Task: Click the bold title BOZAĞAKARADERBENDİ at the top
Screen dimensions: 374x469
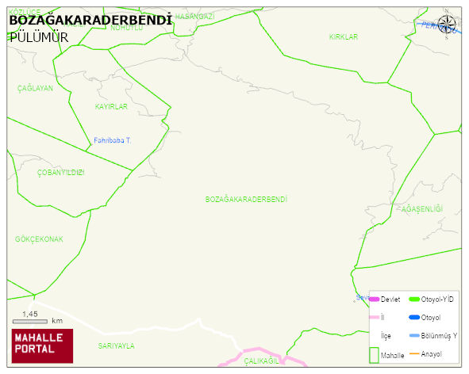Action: [x=90, y=19]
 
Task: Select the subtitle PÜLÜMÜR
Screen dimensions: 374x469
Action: [x=38, y=36]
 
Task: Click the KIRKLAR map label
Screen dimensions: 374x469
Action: [x=344, y=37]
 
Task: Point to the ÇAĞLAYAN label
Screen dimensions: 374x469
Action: [x=35, y=89]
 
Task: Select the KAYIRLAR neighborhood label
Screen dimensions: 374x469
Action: [x=111, y=106]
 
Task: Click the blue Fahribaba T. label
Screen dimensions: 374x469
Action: [x=112, y=140]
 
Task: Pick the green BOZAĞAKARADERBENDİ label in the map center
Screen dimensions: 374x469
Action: [x=245, y=199]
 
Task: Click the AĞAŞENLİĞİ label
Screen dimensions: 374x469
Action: [x=421, y=208]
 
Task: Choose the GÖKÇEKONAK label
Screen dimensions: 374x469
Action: [x=39, y=239]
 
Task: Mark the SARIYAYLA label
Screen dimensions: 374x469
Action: [x=116, y=345]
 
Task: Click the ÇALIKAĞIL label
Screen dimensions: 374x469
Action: [x=263, y=361]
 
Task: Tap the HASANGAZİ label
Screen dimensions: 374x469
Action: [x=194, y=17]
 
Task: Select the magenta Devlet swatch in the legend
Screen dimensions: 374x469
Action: [x=375, y=299]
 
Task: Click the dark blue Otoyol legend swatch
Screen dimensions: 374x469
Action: [x=413, y=317]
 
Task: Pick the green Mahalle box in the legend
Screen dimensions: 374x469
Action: [x=375, y=353]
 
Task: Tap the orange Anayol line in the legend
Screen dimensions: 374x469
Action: [x=413, y=353]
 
